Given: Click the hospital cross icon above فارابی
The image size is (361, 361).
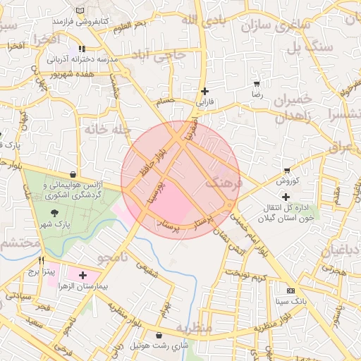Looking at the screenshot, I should (205, 91).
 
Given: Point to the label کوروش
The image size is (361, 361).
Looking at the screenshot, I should (288, 180).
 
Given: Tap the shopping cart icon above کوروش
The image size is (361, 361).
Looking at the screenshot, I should (287, 171).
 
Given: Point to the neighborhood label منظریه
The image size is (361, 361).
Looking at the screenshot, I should (194, 328).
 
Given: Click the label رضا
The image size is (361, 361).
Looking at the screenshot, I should (257, 93).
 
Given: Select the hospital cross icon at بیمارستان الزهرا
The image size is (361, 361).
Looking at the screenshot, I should (83, 275).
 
